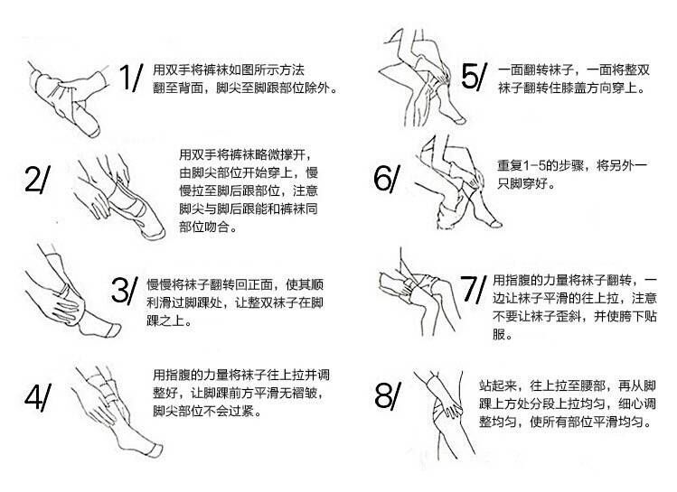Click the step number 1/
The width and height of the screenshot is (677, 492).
(131, 78)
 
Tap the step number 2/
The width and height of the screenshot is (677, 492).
(37, 180)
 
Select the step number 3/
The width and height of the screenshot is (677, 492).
(125, 290)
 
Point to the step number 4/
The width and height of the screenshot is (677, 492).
(38, 396)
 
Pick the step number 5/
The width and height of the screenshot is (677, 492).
(474, 77)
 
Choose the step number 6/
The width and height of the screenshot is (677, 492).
(387, 179)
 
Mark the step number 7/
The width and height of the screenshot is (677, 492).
(474, 289)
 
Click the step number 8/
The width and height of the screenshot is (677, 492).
(388, 395)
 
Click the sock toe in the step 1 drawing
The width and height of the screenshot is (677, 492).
(93, 130)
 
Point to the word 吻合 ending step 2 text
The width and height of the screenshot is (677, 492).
(216, 227)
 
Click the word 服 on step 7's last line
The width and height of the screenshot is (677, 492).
(499, 334)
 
